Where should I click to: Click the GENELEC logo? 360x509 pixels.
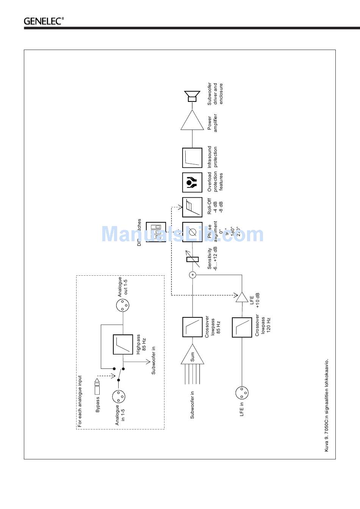tap(44, 21)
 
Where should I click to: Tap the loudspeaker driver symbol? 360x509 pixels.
tap(192, 96)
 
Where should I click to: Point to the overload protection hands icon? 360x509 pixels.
tap(192, 182)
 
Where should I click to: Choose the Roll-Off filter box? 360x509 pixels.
tap(192, 207)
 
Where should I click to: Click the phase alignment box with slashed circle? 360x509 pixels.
tap(192, 232)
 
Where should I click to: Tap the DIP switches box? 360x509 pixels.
tap(156, 232)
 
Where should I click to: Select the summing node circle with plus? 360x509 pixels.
tap(193, 275)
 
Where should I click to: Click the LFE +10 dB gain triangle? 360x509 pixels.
tap(242, 297)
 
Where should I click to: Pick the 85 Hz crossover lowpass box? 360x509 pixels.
tap(192, 327)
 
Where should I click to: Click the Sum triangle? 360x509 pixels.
tap(192, 356)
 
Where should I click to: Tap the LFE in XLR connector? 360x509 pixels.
tap(242, 393)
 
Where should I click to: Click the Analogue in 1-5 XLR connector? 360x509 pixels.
tap(119, 397)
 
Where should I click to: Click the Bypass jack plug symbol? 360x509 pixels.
tap(97, 386)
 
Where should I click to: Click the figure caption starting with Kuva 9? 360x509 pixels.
tap(327, 405)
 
